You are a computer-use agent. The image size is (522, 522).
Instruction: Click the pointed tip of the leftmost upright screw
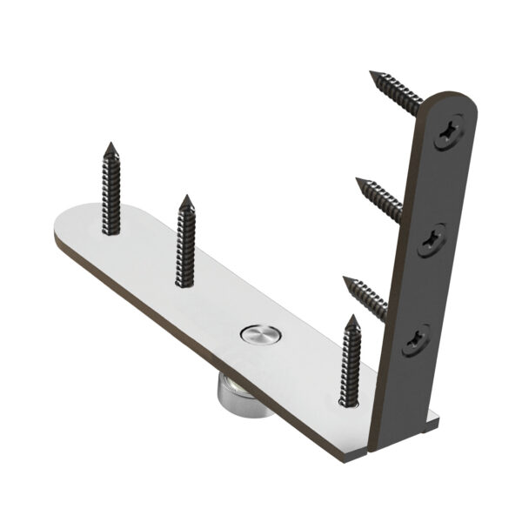point(110,144)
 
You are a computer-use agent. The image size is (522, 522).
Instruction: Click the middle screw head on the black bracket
point(432,238)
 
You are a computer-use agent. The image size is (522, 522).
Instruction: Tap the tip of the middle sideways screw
point(358,180)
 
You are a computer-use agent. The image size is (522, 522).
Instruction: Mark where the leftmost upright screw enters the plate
point(110,231)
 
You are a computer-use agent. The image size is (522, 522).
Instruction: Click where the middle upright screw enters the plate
point(184,282)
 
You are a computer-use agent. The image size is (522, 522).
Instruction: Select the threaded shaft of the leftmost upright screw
point(110,191)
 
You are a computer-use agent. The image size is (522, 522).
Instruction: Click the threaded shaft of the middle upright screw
point(184,244)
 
